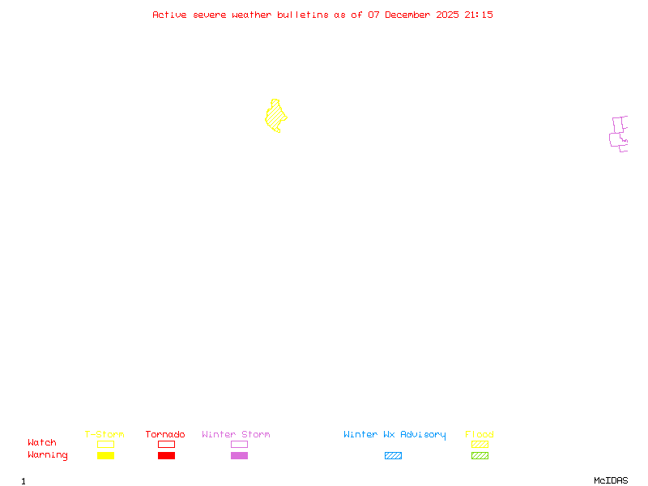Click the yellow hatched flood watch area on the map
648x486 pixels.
coord(275,117)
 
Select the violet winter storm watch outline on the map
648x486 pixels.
coord(619,134)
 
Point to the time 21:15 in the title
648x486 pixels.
coord(479,15)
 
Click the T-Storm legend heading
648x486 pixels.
coord(104,434)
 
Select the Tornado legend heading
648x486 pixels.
coord(165,434)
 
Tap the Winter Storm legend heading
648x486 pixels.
coord(236,434)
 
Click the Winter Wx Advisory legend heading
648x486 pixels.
coord(394,434)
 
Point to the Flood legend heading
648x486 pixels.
coord(480,434)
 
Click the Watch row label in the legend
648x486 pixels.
coord(42,443)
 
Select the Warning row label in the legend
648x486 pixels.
coord(48,455)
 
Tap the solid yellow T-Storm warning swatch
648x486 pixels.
coord(105,456)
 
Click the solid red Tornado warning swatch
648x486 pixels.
coord(166,456)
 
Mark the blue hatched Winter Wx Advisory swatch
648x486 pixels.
coord(393,456)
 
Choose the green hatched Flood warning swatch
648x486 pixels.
coord(480,456)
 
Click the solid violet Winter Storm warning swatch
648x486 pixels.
coord(239,456)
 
